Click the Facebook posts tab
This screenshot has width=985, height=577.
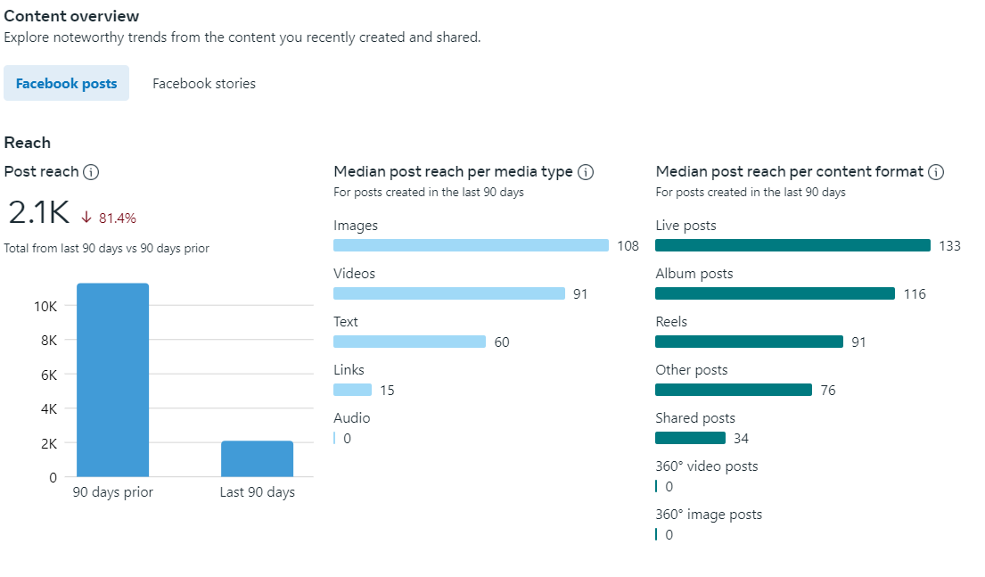66,84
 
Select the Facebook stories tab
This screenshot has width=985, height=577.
204,84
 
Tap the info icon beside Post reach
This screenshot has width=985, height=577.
91,172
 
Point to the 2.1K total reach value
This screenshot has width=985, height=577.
38,213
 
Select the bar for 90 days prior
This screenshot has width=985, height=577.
112,379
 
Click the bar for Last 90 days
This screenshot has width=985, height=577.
257,458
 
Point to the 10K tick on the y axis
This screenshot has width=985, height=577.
45,306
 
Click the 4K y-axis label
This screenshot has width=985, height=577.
49,409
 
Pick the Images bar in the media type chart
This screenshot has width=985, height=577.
471,245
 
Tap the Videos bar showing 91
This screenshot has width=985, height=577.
448,293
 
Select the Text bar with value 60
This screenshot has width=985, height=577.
409,342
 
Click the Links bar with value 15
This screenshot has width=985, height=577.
352,390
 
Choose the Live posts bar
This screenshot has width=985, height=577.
792,245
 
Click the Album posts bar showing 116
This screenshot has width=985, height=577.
775,293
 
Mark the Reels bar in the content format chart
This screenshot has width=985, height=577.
749,342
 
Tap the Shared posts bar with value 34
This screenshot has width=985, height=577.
690,438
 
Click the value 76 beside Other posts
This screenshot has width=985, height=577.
828,390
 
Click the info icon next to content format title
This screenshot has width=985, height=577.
936,172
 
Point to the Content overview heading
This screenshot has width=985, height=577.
71,16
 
